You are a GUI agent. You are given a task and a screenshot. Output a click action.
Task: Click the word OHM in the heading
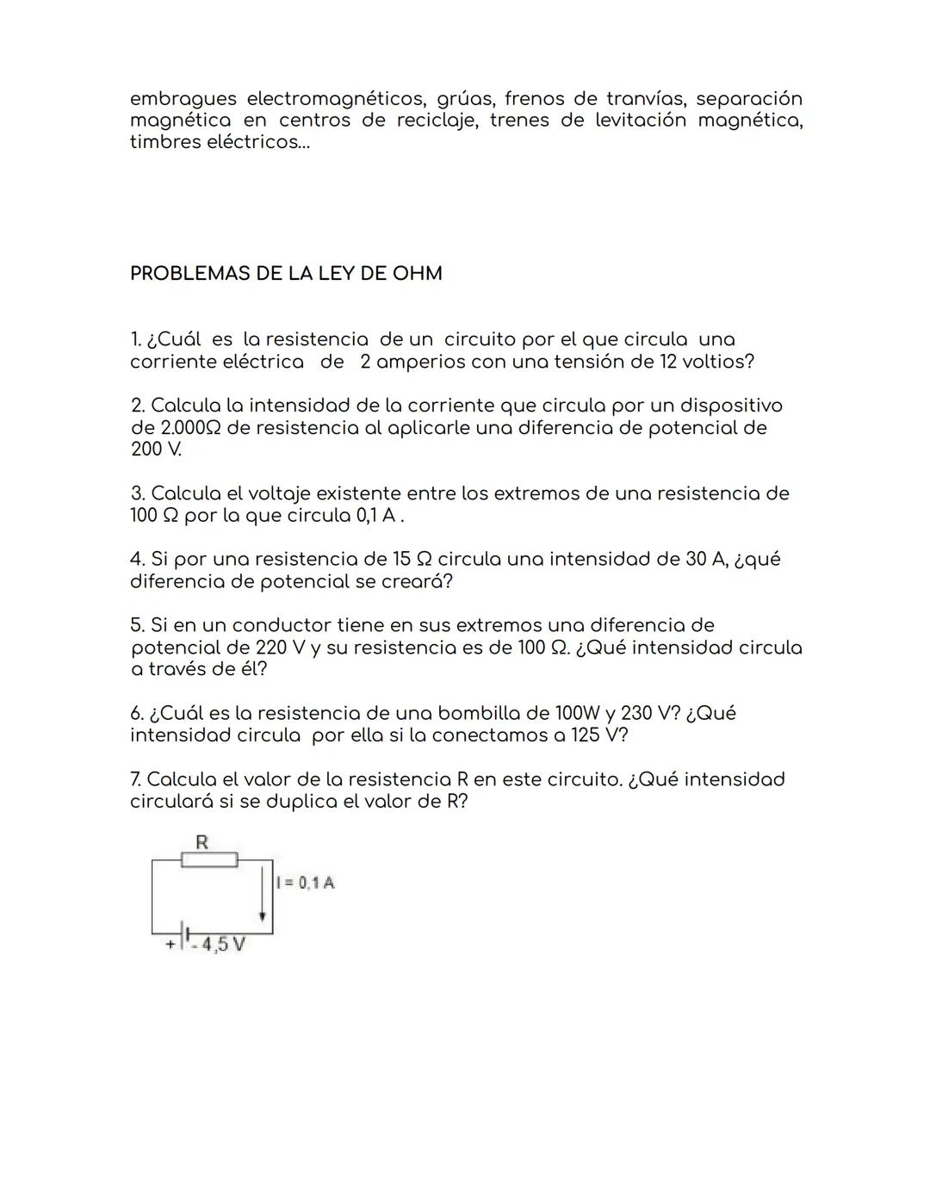[x=417, y=274]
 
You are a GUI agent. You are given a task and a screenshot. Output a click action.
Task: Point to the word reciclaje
[x=437, y=121]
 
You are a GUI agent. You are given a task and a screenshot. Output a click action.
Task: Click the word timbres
[x=164, y=142]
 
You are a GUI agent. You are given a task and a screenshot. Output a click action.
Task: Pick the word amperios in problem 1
[x=418, y=362]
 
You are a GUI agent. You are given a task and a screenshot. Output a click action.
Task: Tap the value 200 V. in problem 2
[x=156, y=450]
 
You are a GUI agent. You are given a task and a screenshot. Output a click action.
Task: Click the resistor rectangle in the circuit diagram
[x=209, y=859]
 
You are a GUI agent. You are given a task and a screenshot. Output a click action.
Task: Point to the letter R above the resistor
[x=201, y=842]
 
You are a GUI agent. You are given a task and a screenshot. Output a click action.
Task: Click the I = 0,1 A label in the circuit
[x=306, y=883]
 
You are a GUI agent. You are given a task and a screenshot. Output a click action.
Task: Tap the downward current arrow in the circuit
[x=262, y=896]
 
